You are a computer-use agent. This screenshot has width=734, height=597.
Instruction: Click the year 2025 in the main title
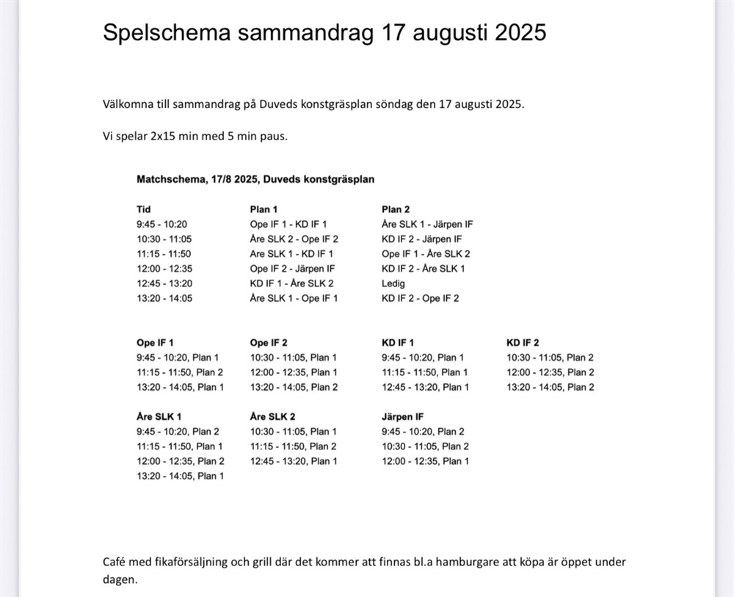pos(520,33)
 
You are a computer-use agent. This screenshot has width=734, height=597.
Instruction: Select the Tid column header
pos(144,209)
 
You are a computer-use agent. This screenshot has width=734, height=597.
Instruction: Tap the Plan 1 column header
pos(264,209)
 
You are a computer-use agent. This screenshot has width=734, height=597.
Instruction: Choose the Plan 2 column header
pos(396,209)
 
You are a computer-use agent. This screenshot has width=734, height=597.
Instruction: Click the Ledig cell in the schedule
pos(393,283)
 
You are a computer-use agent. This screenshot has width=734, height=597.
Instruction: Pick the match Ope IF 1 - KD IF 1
pos(288,224)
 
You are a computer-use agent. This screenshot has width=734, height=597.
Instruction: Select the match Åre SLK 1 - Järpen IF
pos(427,224)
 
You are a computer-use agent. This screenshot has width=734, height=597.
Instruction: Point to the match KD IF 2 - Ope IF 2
pos(420,298)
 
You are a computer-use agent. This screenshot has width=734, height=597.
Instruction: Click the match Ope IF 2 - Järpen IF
pos(292,269)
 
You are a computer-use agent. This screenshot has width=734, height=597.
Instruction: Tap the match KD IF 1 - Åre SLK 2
pos(292,283)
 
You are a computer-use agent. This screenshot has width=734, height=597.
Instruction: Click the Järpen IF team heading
pos(402,416)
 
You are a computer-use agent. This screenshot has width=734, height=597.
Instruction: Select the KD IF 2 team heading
pos(523,342)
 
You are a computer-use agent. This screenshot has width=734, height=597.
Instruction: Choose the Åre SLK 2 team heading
pos(272,416)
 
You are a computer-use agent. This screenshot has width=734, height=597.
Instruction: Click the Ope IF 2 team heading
pos(269,342)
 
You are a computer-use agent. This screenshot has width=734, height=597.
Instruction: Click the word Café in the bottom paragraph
pos(114,562)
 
